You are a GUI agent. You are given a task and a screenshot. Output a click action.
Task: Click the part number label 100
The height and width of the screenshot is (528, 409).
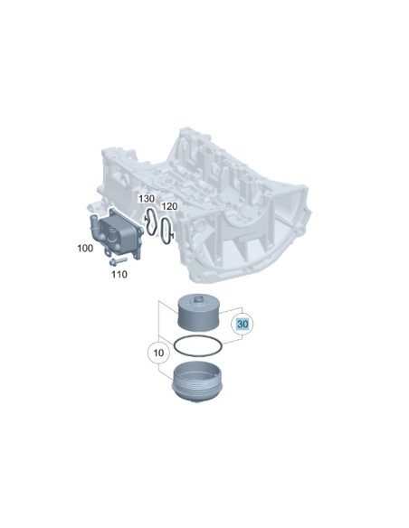point(85,248)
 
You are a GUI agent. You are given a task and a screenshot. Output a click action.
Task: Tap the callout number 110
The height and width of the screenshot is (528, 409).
point(119,274)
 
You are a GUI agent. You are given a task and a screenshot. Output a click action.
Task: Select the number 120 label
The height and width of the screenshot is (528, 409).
point(169,206)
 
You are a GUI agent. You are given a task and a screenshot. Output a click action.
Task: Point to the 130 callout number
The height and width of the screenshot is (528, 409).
point(147,198)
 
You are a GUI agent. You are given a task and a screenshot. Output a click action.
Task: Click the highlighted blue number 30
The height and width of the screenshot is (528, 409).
point(243,325)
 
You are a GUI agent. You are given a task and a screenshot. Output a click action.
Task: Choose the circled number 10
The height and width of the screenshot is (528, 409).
point(158,353)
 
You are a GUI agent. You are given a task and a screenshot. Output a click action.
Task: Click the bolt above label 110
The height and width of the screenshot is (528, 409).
point(118,261)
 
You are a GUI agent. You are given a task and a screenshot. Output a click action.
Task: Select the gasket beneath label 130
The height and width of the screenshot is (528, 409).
point(150,222)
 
